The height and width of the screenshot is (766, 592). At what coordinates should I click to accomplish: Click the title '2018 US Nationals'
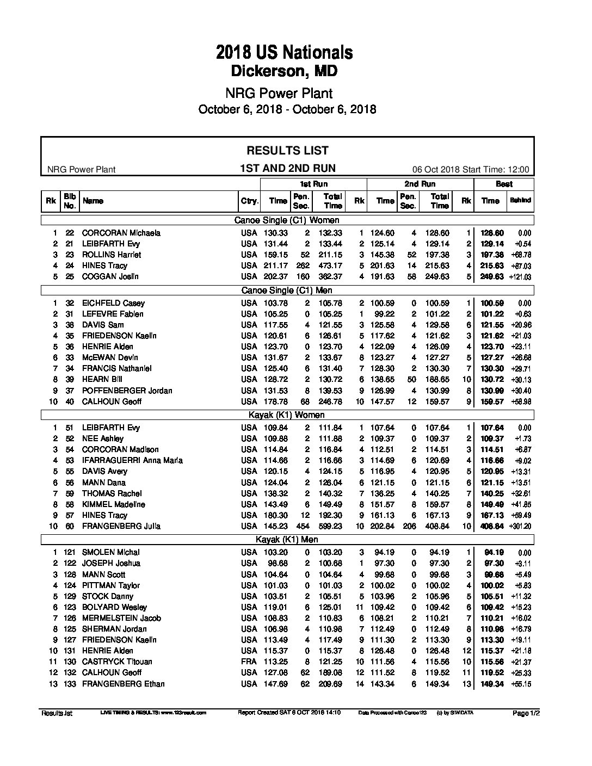click(x=284, y=52)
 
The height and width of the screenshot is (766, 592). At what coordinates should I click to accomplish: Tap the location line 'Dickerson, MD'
click(x=284, y=71)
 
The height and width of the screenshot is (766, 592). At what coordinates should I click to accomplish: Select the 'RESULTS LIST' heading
click(x=287, y=151)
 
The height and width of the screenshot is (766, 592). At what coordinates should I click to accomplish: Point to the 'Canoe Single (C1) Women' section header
click(x=287, y=220)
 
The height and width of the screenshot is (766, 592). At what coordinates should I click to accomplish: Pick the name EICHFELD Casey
click(x=113, y=303)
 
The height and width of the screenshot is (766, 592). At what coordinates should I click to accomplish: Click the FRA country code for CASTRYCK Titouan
click(x=249, y=662)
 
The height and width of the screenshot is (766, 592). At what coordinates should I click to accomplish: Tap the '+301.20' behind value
click(x=520, y=526)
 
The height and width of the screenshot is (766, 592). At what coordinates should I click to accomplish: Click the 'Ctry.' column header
click(x=249, y=201)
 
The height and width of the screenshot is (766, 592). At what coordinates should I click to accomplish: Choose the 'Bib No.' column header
click(x=70, y=201)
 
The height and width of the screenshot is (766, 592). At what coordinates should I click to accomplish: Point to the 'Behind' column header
click(x=520, y=201)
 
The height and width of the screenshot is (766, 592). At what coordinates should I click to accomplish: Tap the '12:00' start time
click(x=518, y=169)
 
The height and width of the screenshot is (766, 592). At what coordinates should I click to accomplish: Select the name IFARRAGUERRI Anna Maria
click(x=132, y=460)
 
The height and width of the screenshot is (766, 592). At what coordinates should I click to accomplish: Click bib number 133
click(x=70, y=684)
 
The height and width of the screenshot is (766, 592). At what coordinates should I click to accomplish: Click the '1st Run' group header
click(x=314, y=184)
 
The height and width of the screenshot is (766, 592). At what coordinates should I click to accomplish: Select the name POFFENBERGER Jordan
click(x=127, y=391)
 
